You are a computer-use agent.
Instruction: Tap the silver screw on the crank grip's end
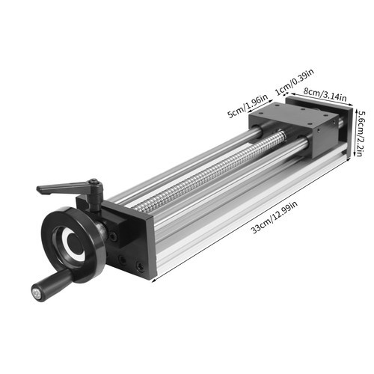(35, 293)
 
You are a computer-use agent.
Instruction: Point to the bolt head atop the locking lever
(94, 183)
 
